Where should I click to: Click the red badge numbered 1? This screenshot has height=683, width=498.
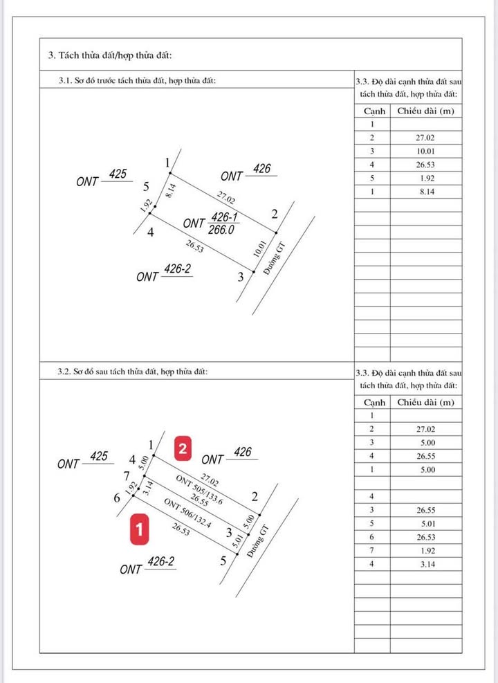pos(140,530)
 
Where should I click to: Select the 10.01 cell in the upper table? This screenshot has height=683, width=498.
pos(425,151)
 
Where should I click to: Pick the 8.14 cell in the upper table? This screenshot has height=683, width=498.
pos(425,191)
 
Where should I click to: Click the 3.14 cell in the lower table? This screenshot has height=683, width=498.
pos(425,564)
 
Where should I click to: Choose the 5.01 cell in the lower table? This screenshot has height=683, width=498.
pos(425,524)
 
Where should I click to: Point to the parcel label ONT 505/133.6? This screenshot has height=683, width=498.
pos(199,491)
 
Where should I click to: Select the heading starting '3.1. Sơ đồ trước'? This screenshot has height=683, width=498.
pos(138,81)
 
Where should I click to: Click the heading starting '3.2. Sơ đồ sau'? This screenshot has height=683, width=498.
pos(132,372)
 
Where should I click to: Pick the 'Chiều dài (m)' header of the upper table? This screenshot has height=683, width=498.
pos(425,111)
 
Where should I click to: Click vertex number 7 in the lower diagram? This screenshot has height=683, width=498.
pos(126,476)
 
